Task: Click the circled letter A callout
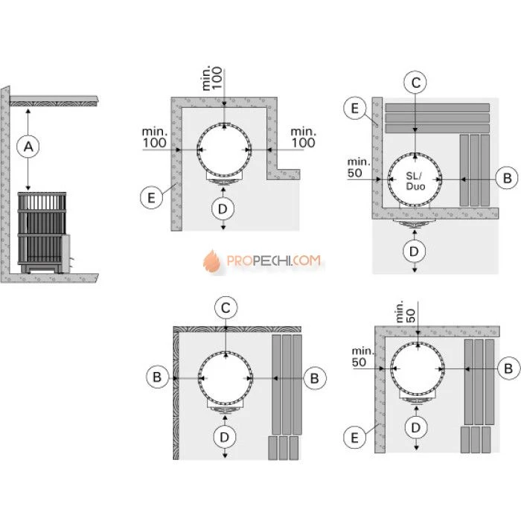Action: coord(28,147)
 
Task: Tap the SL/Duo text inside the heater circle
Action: coord(415,181)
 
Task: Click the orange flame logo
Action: coord(212,261)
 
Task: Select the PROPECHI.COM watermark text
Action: coord(273,260)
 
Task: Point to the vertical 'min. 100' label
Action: coord(212,78)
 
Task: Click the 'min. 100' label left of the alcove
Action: coord(155,138)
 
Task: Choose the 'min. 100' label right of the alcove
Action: coord(304,138)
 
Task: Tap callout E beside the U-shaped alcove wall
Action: coord(152,198)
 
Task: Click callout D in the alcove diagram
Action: coord(223,208)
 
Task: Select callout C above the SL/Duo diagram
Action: coord(415,83)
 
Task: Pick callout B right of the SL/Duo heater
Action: coord(507,178)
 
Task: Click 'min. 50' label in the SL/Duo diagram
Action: coord(359,167)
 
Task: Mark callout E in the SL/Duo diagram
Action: coord(355,108)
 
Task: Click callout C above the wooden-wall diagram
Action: coord(226,307)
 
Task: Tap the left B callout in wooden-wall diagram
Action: coord(157,377)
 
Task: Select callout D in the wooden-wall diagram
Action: coord(225,437)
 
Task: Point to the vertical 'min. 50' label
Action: coord(406,312)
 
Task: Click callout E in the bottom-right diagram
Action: coord(354,438)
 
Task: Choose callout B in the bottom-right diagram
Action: coord(508,368)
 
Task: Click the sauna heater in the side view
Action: coord(44,232)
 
